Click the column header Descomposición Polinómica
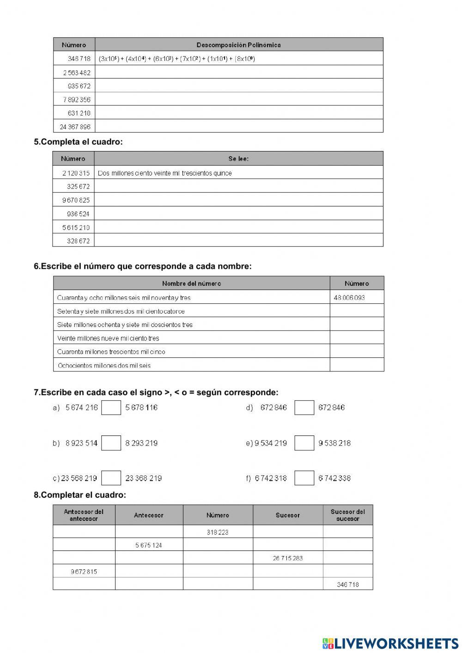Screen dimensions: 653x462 [x=238, y=45]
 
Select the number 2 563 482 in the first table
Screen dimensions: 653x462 [x=77, y=73]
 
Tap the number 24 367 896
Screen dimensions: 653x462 [x=75, y=127]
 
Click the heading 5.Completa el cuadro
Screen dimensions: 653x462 [x=78, y=142]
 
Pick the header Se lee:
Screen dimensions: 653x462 [x=238, y=158]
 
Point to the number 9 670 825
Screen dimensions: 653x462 [x=76, y=200]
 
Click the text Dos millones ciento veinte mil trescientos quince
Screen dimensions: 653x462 [x=165, y=173]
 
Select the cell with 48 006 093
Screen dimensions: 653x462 [x=349, y=297]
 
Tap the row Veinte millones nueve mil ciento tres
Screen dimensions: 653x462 [x=108, y=338]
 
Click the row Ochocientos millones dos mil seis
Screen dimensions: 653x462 [x=104, y=365]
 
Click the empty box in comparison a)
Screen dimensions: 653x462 [x=111, y=407]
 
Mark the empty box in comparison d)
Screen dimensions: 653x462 [x=304, y=407]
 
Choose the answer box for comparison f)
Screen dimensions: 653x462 [x=304, y=478]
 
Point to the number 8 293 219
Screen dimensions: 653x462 [x=141, y=443]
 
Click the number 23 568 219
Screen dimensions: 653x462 [x=79, y=478]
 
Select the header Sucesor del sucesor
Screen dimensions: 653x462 [x=347, y=515]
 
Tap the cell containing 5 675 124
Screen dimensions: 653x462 [x=149, y=545]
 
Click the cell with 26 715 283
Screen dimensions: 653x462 [x=287, y=558]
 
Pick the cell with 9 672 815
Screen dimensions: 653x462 [x=84, y=571]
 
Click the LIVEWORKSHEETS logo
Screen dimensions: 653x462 [x=390, y=643]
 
